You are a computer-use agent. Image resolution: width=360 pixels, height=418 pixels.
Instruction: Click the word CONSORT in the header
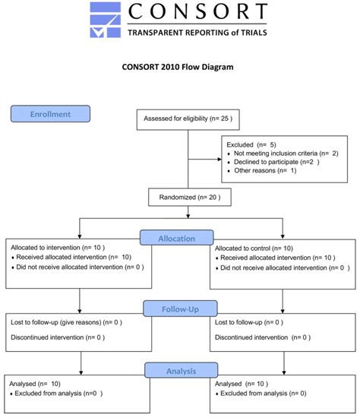pos(197,13)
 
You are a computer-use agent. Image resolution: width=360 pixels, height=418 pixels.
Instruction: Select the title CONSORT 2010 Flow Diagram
pos(178,67)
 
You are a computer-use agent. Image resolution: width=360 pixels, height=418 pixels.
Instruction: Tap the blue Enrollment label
pos(50,114)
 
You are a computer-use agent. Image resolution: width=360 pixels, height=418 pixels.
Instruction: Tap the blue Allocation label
pos(177,238)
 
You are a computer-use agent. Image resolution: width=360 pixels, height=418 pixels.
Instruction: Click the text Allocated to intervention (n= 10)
pos(57,247)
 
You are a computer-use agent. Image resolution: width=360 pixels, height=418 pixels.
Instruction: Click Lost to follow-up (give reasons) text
pos(65,322)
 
